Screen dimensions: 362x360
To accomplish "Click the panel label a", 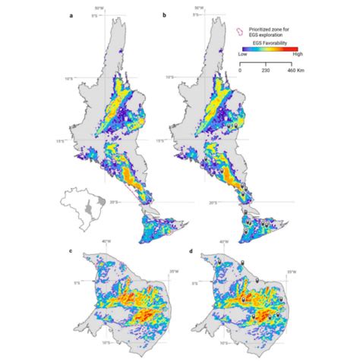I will (x=71, y=14).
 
